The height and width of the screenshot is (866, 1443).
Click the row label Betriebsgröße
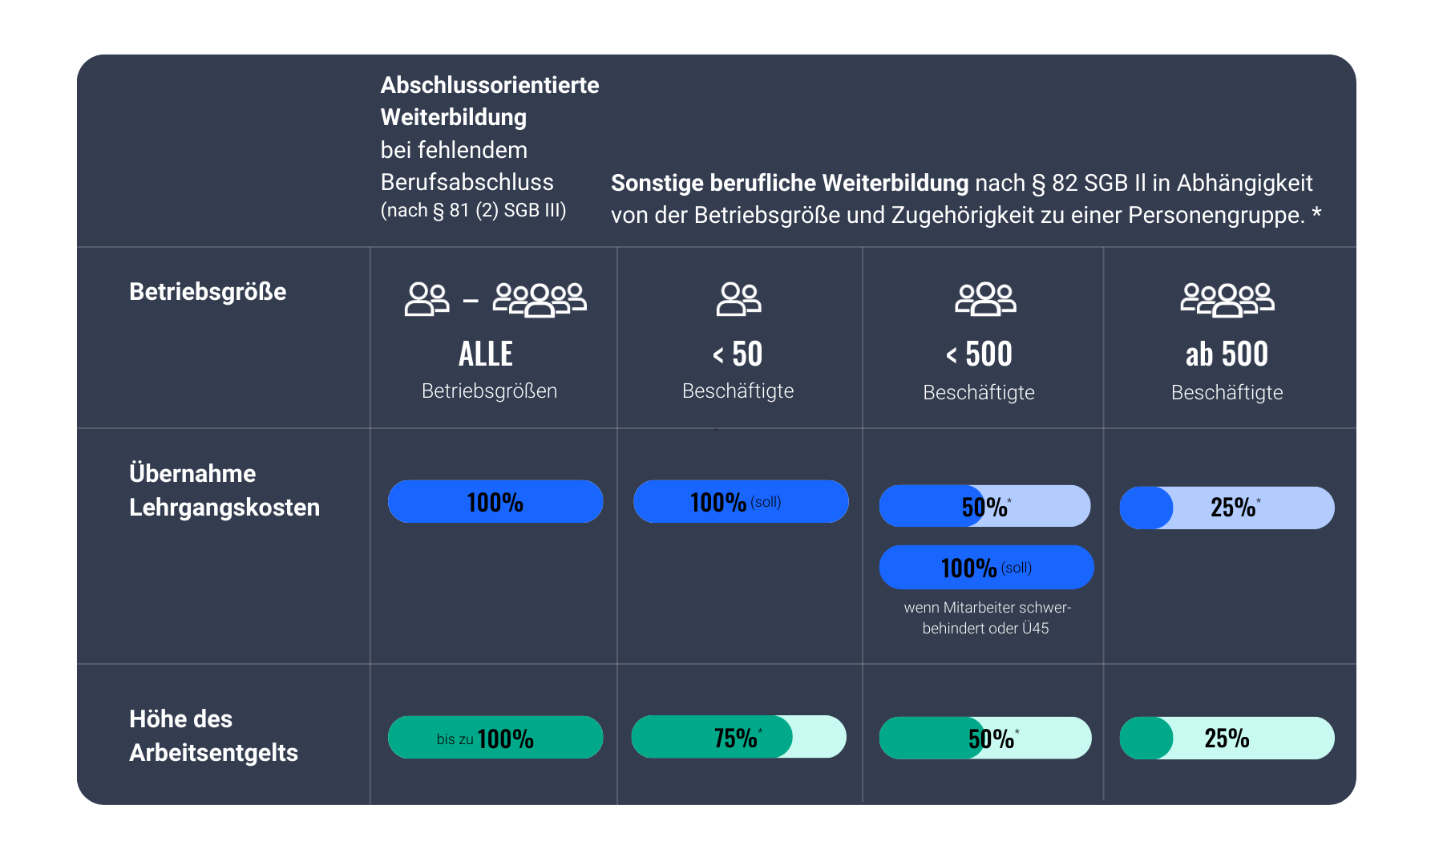pyautogui.click(x=208, y=292)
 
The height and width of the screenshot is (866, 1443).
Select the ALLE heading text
pyautogui.click(x=486, y=354)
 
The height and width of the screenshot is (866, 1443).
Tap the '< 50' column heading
pyautogui.click(x=738, y=354)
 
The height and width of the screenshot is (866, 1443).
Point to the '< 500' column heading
pyautogui.click(x=979, y=354)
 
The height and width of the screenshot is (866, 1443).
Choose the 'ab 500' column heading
pyautogui.click(x=1227, y=354)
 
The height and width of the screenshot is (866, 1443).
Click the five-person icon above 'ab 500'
pyautogui.click(x=1227, y=300)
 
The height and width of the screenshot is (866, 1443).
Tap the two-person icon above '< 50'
pyautogui.click(x=738, y=299)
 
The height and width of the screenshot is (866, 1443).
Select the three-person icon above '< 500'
pyautogui.click(x=985, y=299)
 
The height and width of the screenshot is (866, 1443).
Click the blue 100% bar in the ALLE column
pyautogui.click(x=495, y=502)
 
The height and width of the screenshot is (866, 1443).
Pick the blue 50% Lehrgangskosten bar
pyautogui.click(x=984, y=507)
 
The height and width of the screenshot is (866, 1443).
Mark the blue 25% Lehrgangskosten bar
pyautogui.click(x=1227, y=508)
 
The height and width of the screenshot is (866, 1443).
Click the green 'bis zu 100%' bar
pyautogui.click(x=495, y=738)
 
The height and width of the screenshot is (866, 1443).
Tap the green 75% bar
pyautogui.click(x=738, y=737)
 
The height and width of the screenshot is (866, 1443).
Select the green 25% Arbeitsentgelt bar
pyautogui.click(x=1227, y=738)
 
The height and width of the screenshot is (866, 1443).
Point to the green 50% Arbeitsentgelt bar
pyautogui.click(x=984, y=738)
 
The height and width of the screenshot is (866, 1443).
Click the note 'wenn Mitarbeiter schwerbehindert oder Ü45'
pyautogui.click(x=987, y=618)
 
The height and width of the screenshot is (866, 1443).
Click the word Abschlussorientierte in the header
pyautogui.click(x=490, y=85)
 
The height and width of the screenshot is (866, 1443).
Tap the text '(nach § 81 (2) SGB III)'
pyautogui.click(x=473, y=211)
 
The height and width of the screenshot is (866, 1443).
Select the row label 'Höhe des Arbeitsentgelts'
pyautogui.click(x=213, y=735)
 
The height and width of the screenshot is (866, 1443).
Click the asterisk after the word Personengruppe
pyautogui.click(x=1316, y=214)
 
